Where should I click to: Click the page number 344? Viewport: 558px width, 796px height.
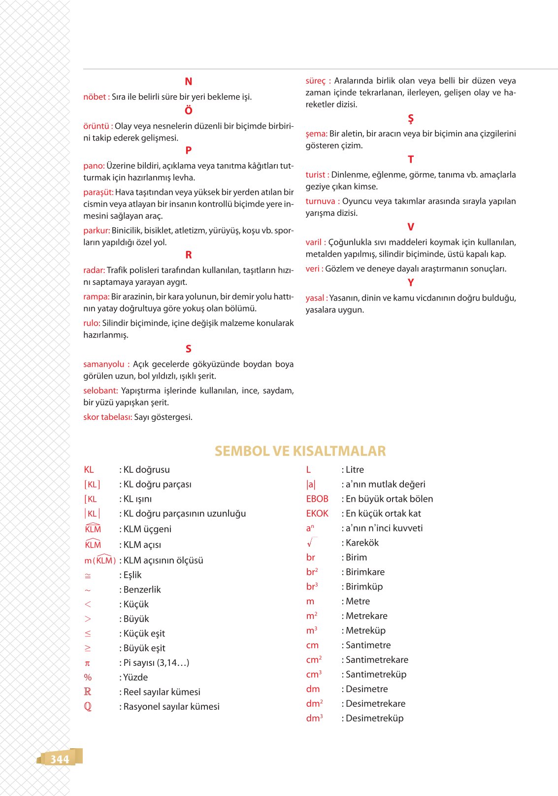click(x=60, y=759)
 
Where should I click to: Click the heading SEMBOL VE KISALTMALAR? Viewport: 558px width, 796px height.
click(x=300, y=451)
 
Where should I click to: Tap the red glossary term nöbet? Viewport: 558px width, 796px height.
click(x=95, y=97)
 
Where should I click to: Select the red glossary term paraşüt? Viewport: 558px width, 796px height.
click(x=98, y=192)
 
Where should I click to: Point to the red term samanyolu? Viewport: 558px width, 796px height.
click(x=104, y=364)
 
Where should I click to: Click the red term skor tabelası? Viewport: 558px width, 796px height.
click(x=107, y=417)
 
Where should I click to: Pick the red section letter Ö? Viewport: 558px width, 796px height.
click(x=188, y=111)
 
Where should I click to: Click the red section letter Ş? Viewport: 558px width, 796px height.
click(x=410, y=119)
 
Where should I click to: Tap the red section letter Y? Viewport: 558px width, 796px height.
click(x=410, y=283)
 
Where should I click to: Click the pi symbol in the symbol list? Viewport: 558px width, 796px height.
click(x=87, y=663)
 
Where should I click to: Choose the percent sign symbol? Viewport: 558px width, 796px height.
click(x=88, y=678)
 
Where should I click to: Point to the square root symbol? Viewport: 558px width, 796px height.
click(x=310, y=543)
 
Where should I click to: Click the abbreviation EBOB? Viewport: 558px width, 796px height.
click(x=317, y=499)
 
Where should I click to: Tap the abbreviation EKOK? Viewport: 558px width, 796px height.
click(x=317, y=514)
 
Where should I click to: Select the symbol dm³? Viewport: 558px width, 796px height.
click(x=314, y=718)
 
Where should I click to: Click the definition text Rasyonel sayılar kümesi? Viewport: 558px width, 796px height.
click(x=171, y=707)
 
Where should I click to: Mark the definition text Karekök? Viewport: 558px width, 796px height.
click(x=362, y=543)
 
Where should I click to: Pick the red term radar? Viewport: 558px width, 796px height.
click(x=94, y=271)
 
